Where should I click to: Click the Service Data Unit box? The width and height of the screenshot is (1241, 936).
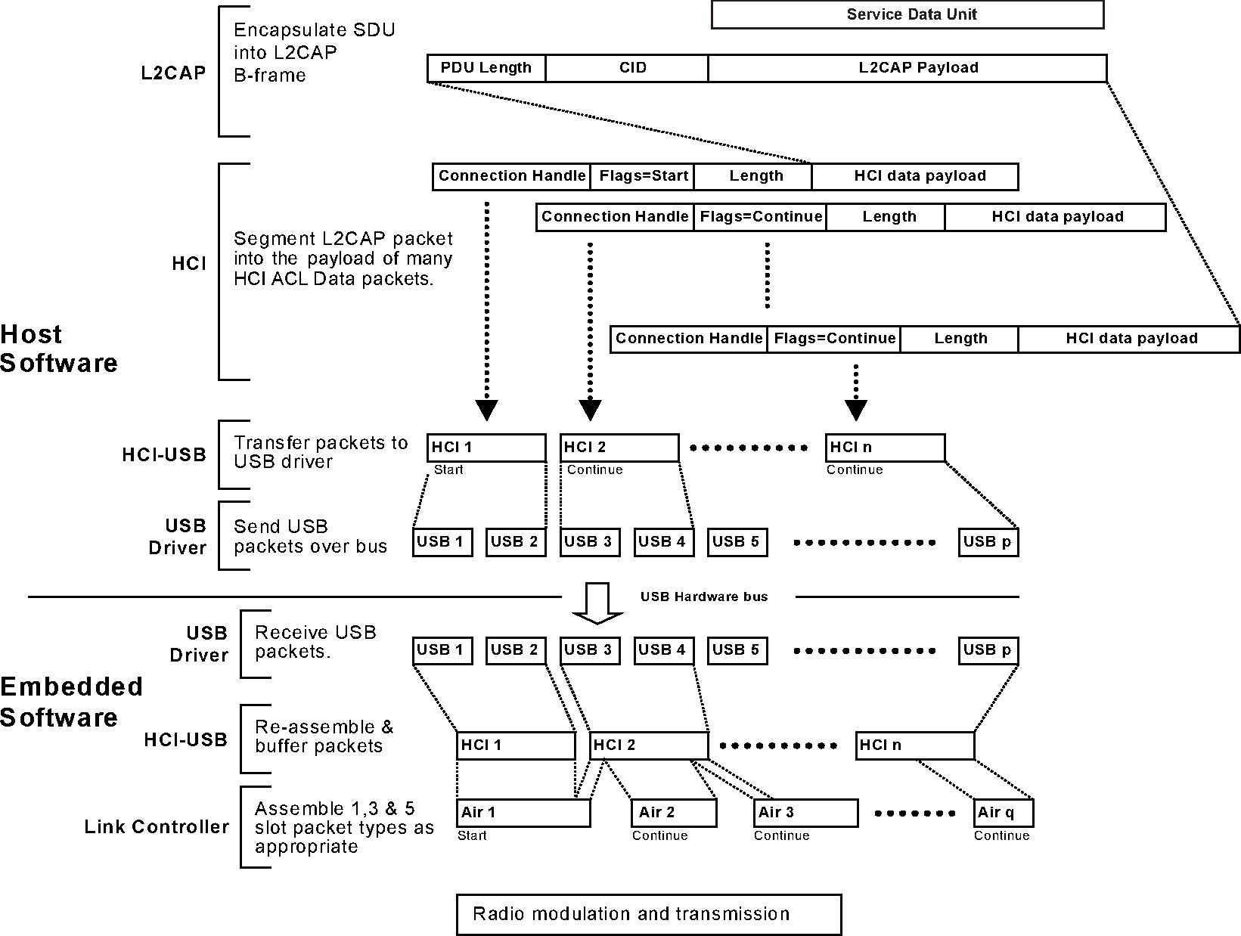pos(907,14)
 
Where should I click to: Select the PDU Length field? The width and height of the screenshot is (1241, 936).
pos(486,68)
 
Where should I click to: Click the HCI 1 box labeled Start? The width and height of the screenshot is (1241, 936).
pos(486,448)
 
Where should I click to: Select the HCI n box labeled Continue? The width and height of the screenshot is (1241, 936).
pos(885,448)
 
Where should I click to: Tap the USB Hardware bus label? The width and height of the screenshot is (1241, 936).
pos(704,597)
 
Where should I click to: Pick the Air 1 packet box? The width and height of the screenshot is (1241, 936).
pos(523,813)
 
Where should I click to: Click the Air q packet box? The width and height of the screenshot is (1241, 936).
pos(1003,813)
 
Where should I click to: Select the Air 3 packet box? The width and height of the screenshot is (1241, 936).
pos(806,813)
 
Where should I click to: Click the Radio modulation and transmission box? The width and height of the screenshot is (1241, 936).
pos(648,914)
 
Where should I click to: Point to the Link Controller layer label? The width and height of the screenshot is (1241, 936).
pos(157,827)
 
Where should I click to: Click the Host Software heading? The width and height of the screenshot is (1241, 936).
pos(58,349)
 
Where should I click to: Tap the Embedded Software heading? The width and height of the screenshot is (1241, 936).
pos(70,702)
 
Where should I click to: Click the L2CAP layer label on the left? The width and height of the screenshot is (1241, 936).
pos(173,73)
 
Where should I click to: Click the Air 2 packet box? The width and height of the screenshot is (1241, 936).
pos(673,813)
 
